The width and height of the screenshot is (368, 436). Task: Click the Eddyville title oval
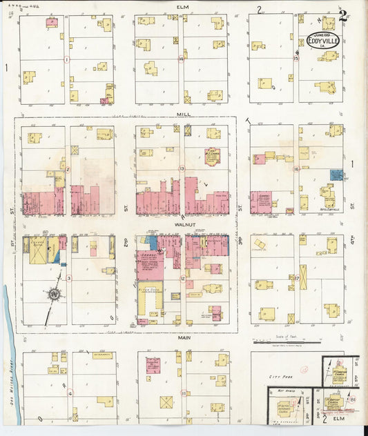pos(322,39)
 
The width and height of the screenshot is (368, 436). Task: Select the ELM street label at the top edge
pos(182,7)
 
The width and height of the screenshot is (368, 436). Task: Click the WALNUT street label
pos(182,224)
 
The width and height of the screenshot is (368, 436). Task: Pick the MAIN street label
pos(184,337)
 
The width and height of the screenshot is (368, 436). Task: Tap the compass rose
pos(52,295)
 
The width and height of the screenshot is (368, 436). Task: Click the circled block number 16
pos(296,168)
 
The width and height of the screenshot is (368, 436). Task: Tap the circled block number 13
pos(182,168)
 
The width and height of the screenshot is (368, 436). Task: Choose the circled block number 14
pos(181,59)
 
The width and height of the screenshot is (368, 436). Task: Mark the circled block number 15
pos(296,59)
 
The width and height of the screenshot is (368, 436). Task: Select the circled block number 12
pos(182,279)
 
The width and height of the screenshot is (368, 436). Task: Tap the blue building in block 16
pos(336,175)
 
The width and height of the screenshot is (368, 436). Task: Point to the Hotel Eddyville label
pos(330,205)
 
